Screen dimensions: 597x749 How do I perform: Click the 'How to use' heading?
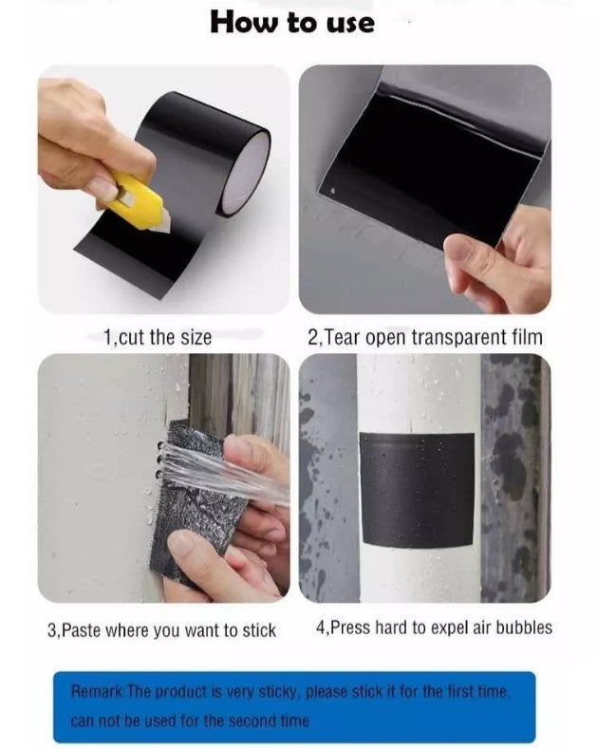tap(292, 23)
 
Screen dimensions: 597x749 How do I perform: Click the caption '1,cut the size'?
tap(158, 338)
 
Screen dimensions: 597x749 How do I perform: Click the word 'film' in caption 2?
tap(528, 337)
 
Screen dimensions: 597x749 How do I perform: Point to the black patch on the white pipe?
tap(417, 491)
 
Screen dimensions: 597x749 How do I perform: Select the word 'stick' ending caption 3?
tap(259, 630)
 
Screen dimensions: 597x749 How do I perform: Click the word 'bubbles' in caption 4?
tap(524, 627)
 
